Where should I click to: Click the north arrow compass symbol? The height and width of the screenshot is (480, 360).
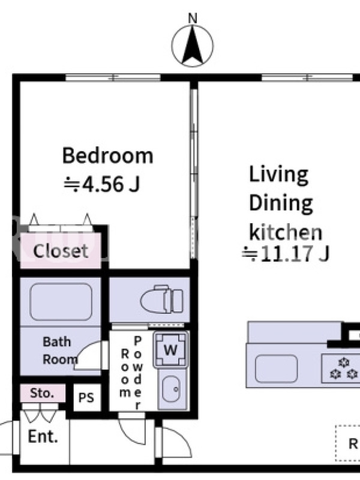point(192,46)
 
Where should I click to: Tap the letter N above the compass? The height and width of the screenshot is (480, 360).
point(193,19)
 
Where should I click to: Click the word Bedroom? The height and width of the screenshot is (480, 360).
point(107,155)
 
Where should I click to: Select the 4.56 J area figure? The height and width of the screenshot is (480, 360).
point(102,184)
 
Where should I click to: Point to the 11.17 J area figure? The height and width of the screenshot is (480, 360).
point(286,253)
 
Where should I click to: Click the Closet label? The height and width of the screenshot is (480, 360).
point(61,251)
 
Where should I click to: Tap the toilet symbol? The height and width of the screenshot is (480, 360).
point(162,299)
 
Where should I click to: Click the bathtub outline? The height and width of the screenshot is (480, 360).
point(61,302)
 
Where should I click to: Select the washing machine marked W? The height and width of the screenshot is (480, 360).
point(170,349)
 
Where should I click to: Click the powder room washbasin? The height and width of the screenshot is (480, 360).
point(172,389)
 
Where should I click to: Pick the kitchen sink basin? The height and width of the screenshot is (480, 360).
point(276,368)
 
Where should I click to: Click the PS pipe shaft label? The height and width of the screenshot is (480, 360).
point(86,398)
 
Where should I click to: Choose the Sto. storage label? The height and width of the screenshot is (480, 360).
point(42,393)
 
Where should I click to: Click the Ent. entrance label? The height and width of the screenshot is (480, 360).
point(43,436)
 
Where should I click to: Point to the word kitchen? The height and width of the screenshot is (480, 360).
point(286,232)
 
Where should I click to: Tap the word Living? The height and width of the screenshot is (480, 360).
point(278,175)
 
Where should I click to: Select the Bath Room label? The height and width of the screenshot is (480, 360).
point(59,350)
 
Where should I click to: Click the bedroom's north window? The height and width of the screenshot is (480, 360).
point(113,77)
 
